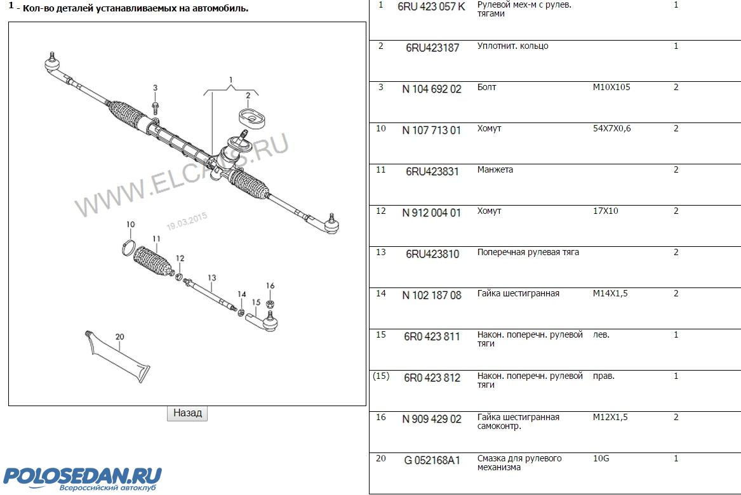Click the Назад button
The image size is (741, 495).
coord(187,413)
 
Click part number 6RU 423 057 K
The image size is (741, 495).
coord(432,6)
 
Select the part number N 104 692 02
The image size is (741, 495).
coord(432,89)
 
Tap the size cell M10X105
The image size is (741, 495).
coord(611,87)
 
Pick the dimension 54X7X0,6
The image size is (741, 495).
coord(612,128)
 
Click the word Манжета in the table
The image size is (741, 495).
coord(495,169)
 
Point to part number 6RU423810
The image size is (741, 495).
coord(432,254)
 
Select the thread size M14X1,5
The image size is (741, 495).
coord(611,293)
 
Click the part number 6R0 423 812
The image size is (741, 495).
coord(432,378)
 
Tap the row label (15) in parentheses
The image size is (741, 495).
coord(381,376)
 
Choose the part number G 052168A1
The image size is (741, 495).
coord(432,461)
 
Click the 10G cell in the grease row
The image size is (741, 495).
coord(601,458)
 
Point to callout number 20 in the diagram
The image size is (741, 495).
coord(119,337)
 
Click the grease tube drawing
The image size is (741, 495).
coord(117,356)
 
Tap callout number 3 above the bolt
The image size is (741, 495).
coord(155,88)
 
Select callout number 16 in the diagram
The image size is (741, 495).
coord(270,286)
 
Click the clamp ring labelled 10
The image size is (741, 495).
coord(128,248)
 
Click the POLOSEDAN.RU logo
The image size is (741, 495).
coord(83,478)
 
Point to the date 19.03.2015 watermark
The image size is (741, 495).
coord(187,221)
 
